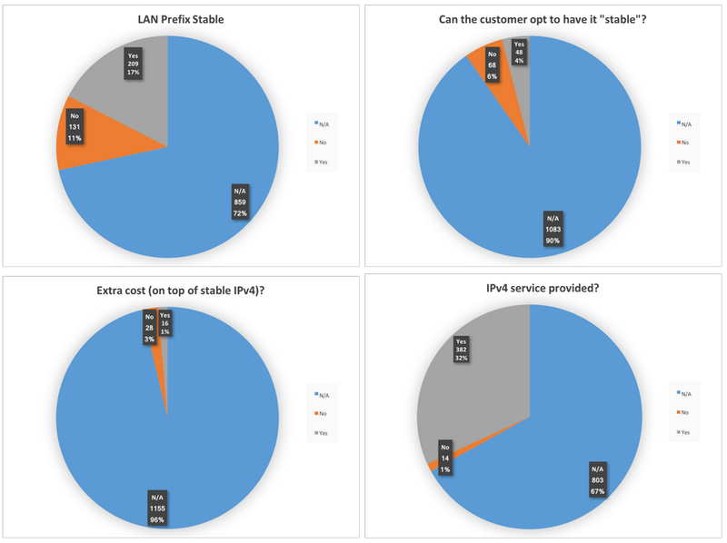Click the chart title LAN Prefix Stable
(x=167, y=20)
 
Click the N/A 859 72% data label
(x=240, y=202)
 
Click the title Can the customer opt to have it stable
(x=528, y=20)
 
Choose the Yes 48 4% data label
(x=519, y=53)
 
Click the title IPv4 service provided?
(x=528, y=288)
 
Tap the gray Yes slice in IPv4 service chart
(x=473, y=381)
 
